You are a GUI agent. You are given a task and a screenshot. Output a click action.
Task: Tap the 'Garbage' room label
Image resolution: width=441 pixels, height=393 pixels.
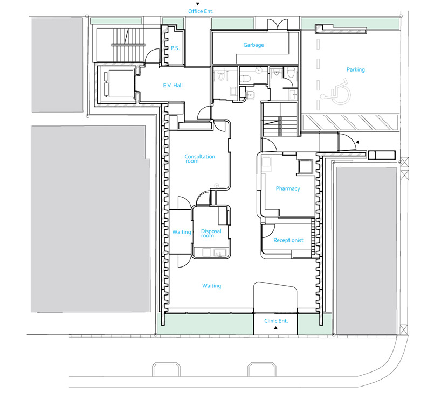[253, 45]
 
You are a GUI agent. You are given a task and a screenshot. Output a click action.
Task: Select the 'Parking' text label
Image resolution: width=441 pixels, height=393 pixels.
[356, 69]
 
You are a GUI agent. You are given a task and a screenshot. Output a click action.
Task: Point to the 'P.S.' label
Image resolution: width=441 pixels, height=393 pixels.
[175, 48]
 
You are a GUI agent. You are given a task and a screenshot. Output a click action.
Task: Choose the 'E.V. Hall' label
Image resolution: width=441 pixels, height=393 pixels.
[174, 85]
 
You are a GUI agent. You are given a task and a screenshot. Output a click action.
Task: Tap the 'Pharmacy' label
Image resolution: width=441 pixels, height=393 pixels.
[288, 188]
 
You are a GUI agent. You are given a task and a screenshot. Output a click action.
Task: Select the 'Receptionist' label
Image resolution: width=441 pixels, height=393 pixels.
[288, 240]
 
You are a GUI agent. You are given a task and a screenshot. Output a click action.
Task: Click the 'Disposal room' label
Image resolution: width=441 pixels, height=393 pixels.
[211, 234]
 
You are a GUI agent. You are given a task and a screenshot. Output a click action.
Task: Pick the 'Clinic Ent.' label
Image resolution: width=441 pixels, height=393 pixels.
[276, 321]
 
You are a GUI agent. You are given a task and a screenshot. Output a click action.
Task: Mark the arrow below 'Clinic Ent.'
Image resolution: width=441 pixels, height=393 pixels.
[276, 328]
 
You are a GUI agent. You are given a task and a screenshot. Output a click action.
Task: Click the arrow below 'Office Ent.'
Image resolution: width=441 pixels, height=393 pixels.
[197, 4]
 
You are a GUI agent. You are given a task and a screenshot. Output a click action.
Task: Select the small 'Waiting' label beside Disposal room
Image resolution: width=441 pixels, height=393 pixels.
[182, 232]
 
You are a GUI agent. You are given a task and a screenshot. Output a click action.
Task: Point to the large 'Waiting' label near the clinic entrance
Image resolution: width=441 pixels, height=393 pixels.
[211, 286]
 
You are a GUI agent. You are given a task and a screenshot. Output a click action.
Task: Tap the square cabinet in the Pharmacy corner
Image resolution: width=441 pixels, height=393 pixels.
[306, 166]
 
